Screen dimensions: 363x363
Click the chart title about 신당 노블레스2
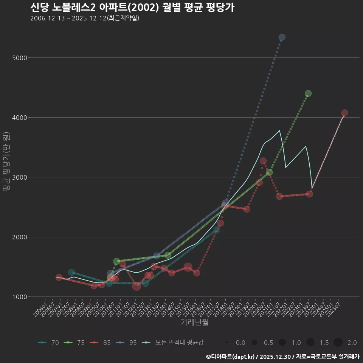pos(132,8)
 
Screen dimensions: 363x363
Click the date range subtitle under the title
pos(85,18)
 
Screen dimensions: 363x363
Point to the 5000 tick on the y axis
pos(20,58)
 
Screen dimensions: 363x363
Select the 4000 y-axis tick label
pos(20,118)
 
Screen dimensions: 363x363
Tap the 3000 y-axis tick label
pos(20,177)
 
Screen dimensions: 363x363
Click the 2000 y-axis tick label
pos(20,237)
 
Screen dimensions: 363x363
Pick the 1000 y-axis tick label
pos(20,297)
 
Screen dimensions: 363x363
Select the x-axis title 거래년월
pos(194,323)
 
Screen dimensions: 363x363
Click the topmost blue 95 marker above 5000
pos(282,37)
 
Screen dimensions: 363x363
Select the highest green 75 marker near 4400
pos(308,93)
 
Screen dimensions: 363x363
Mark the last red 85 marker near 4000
pos(344,113)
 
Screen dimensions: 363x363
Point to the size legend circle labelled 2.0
pos(338,343)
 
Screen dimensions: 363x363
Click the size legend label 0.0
pos(240,343)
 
